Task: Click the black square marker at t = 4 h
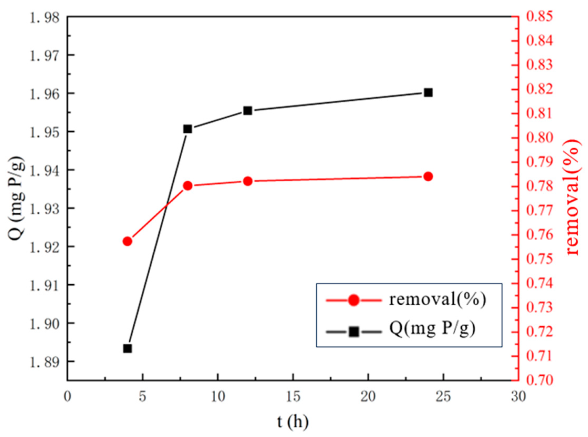[128, 349]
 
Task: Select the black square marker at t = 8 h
[188, 129]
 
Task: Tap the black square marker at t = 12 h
[248, 111]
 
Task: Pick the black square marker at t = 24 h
[428, 93]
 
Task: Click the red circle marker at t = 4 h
[128, 241]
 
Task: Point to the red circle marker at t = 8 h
[188, 186]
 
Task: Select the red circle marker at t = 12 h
[248, 181]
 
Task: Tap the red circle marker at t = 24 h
[428, 177]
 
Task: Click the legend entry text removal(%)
[437, 300]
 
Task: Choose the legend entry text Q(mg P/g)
[432, 329]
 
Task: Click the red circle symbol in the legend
[354, 300]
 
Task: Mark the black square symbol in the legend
[354, 332]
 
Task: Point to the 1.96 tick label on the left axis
[45, 94]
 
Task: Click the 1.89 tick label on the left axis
[45, 362]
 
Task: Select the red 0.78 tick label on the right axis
[540, 186]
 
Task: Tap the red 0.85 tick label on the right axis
[540, 16]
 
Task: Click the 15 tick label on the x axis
[293, 397]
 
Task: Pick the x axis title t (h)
[293, 422]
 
